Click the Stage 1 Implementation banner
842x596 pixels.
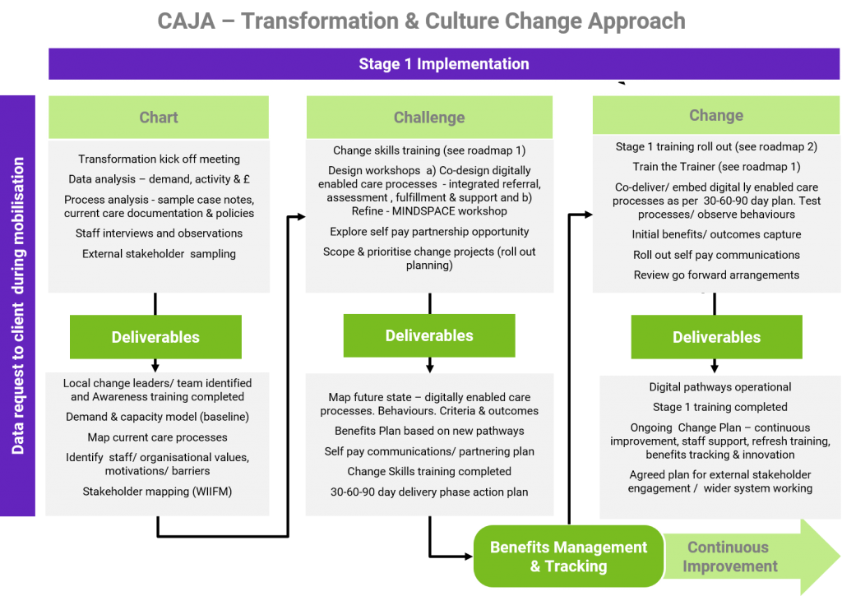(444, 64)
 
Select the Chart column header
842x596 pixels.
(159, 117)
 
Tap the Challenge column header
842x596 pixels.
(429, 117)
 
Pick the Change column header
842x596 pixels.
(716, 115)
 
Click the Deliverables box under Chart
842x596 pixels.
(155, 337)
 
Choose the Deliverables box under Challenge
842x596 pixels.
(429, 335)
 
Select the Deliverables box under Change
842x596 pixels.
(716, 337)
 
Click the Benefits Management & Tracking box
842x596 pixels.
(568, 557)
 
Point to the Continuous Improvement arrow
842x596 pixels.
(752, 557)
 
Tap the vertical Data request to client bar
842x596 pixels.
(18, 306)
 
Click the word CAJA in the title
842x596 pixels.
(187, 21)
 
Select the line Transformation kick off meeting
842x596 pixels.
(159, 159)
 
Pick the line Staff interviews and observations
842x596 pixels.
(159, 233)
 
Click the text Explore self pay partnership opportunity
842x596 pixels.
(429, 232)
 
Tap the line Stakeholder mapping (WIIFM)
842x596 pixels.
(157, 492)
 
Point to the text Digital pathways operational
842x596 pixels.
(720, 387)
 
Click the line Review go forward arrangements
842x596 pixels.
(716, 275)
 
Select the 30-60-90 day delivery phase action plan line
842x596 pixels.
(429, 492)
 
